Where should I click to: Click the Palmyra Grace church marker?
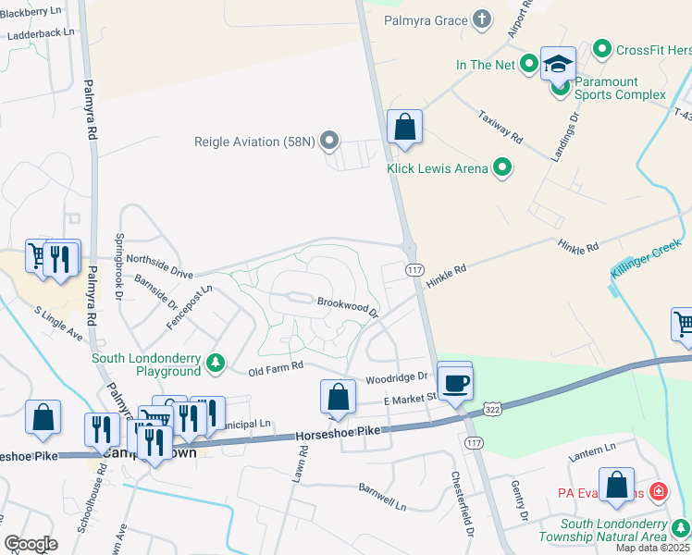click(481, 18)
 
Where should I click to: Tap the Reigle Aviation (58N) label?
click(250, 142)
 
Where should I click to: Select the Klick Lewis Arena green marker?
click(502, 167)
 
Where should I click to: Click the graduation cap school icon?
click(558, 64)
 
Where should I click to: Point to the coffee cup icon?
click(454, 382)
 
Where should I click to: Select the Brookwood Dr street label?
click(348, 306)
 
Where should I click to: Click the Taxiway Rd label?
click(500, 129)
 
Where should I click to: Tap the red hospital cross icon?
click(658, 491)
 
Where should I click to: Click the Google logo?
click(31, 544)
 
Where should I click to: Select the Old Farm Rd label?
click(277, 367)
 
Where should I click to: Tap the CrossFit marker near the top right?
click(602, 48)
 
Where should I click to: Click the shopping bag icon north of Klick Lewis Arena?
click(404, 128)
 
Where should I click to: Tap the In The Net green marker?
click(529, 64)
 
